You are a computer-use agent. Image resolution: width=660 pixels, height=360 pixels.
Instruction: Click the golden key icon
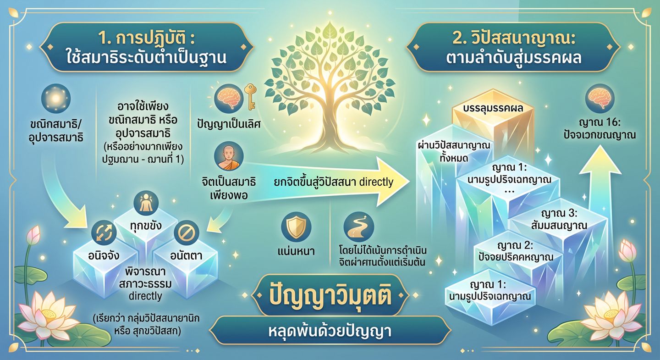250,97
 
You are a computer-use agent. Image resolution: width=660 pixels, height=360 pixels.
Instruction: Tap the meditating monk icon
229,157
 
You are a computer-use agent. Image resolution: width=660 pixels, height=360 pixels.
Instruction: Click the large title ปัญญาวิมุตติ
330,295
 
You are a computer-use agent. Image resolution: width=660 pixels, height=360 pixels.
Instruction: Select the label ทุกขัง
146,226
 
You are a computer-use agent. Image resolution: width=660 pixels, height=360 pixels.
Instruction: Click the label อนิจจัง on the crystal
104,255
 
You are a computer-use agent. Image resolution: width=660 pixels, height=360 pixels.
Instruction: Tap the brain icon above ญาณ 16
600,99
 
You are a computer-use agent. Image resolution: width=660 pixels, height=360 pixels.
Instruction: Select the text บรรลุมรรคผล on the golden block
493,109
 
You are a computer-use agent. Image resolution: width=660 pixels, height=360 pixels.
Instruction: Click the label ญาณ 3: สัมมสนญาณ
559,219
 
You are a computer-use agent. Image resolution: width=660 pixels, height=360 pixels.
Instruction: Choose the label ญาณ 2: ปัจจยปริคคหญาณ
516,251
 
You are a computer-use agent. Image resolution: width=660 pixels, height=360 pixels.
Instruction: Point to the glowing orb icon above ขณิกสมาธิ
56,99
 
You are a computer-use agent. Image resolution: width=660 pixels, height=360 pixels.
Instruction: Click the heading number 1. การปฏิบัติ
147,39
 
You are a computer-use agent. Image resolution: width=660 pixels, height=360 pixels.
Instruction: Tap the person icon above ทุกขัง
146,203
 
